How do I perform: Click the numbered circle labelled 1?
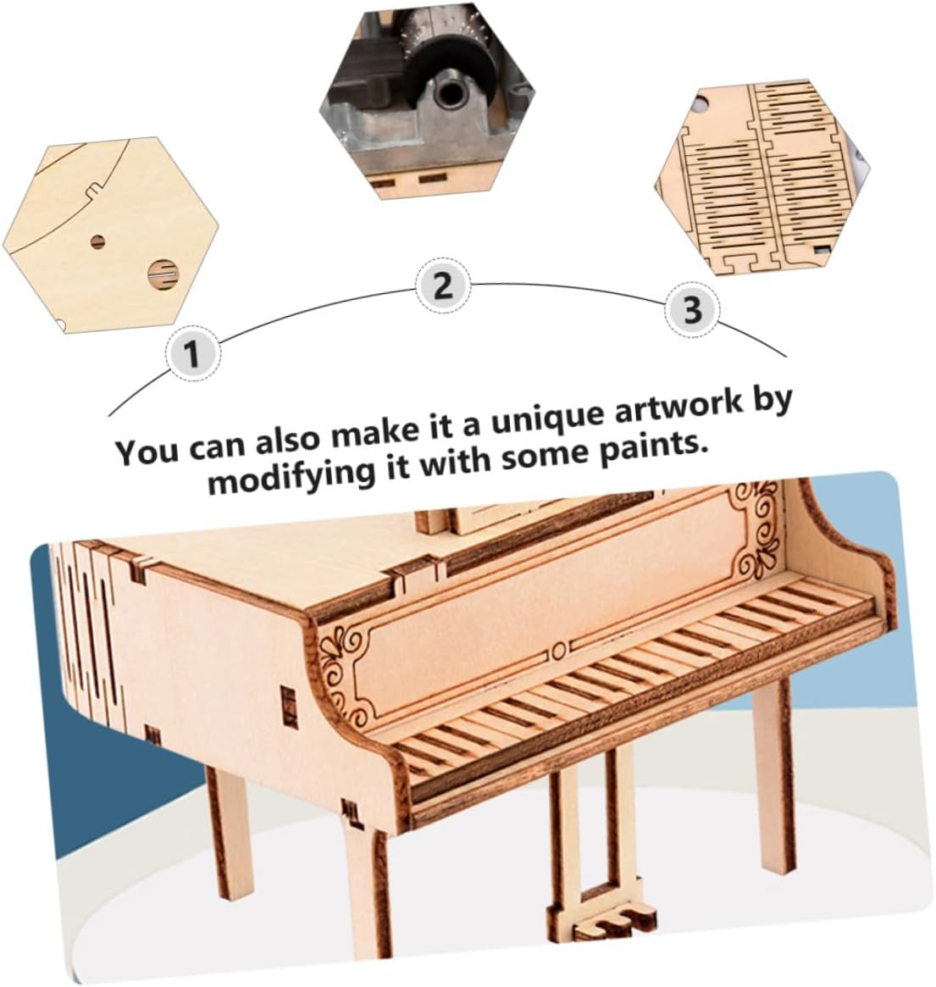point(193,353)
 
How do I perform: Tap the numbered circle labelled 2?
point(444,286)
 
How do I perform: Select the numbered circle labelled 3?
point(692,310)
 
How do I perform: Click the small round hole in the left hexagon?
point(97,241)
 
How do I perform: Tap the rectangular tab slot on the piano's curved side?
point(289,703)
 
